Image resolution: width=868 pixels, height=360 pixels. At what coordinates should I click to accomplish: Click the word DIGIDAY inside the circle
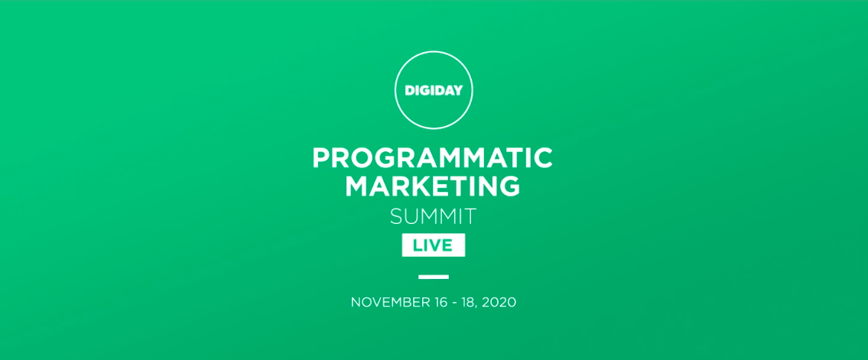coord(434,90)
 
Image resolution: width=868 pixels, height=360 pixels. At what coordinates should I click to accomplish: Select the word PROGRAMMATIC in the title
coord(432,157)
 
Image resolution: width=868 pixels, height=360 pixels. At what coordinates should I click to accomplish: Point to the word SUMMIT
coord(433,216)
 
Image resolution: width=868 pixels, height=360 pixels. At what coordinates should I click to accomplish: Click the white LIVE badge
coord(434,245)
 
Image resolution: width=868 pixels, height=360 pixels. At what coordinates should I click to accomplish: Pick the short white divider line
coord(434,277)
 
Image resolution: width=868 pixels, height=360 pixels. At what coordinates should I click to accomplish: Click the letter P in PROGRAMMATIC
coord(321,157)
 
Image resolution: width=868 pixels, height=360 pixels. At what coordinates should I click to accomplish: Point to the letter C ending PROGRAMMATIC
coord(543,157)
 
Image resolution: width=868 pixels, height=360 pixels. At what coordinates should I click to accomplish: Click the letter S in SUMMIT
coord(396,216)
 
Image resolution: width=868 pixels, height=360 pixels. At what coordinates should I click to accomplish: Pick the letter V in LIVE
coord(436,245)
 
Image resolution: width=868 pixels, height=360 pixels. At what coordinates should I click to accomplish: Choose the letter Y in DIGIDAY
coord(457,90)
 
